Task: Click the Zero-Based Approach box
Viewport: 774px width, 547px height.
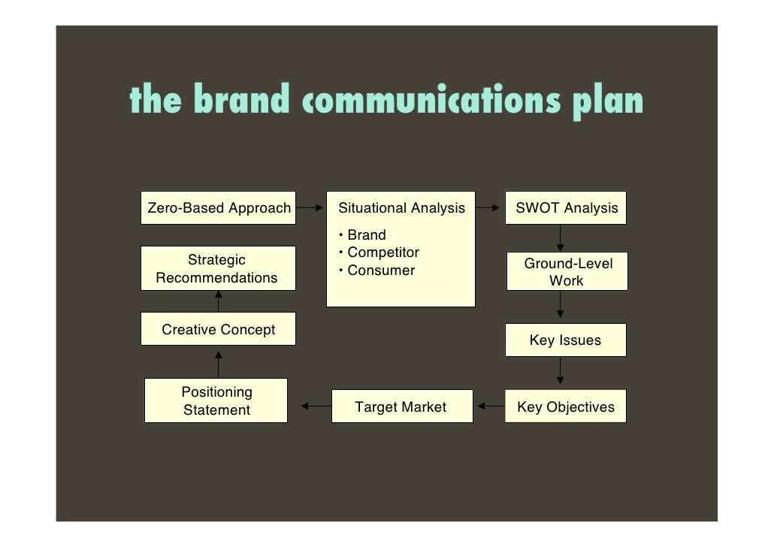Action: point(219,208)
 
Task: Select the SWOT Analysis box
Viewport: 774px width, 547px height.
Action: point(567,208)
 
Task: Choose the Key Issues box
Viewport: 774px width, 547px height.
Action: point(565,340)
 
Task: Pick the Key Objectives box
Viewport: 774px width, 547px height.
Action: point(565,407)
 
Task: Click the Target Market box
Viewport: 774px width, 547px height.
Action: point(401,407)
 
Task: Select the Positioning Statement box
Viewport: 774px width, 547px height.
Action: point(216,401)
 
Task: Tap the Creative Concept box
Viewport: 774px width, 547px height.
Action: point(218,330)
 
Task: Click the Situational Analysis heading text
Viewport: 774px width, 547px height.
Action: point(402,208)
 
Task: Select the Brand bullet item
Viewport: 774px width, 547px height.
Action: point(366,235)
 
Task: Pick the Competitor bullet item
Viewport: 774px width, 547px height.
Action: point(382,252)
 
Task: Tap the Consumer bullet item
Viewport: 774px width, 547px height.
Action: point(380,270)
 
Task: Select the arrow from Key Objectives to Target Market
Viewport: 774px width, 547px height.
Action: point(491,407)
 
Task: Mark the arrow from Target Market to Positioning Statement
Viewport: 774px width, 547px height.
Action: point(316,407)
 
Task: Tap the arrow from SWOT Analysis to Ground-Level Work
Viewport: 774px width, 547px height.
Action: point(560,238)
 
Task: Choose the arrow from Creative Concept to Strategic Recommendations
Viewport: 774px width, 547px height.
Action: point(219,301)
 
